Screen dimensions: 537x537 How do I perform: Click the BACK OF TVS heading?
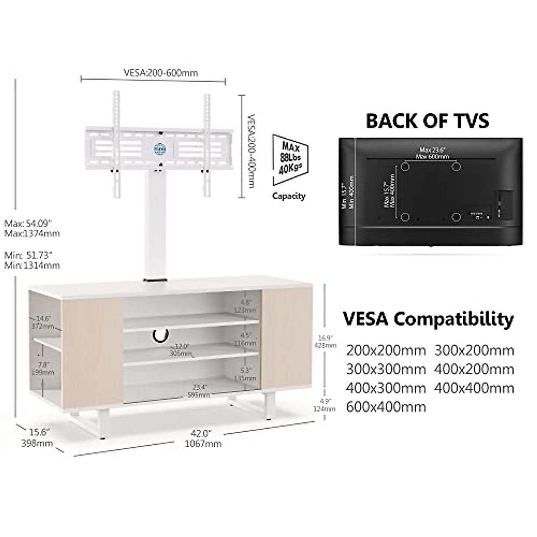point(427,121)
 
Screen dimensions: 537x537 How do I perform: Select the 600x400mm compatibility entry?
point(386,406)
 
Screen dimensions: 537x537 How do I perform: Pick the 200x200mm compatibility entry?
point(386,350)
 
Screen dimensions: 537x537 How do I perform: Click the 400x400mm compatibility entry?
point(474,388)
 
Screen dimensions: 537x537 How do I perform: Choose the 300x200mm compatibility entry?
point(474,350)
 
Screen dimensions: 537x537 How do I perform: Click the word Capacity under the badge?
point(289,196)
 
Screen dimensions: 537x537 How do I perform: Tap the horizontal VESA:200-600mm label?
point(160,72)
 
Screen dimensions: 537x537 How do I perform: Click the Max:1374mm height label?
point(32,234)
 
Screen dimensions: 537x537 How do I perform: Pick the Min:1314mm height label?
point(32,265)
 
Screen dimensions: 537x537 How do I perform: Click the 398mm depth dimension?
point(38,443)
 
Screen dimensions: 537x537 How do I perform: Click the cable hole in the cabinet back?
point(159,334)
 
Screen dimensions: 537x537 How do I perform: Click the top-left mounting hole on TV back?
point(405,166)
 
